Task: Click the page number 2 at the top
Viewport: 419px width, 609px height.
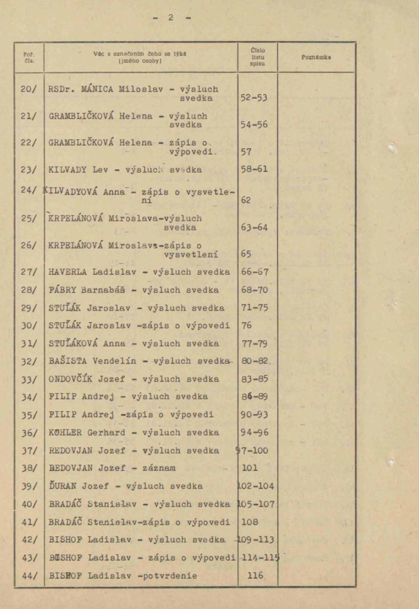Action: point(171,18)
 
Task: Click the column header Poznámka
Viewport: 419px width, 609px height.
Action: point(316,57)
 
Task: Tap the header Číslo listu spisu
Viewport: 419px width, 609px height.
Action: point(258,57)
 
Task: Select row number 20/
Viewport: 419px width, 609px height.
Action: point(28,89)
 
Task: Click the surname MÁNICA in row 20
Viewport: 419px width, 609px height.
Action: point(97,89)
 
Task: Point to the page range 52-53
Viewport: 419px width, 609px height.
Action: point(254,98)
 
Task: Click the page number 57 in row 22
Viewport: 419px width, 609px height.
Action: point(246,152)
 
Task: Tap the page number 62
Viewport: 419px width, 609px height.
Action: point(246,200)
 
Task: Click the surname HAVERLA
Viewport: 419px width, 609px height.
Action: point(67,272)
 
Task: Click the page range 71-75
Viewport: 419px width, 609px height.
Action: point(254,308)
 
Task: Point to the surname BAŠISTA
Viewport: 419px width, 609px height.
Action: point(68,361)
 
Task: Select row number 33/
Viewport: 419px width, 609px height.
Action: point(29,380)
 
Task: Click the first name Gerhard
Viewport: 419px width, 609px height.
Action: point(106,433)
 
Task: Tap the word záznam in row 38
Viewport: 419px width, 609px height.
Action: point(159,468)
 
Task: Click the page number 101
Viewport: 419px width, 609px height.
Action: point(250,468)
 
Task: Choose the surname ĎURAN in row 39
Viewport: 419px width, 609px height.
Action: point(62,486)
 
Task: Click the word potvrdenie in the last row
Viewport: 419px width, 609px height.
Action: point(170,576)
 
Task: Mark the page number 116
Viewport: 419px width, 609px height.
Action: point(255,576)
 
